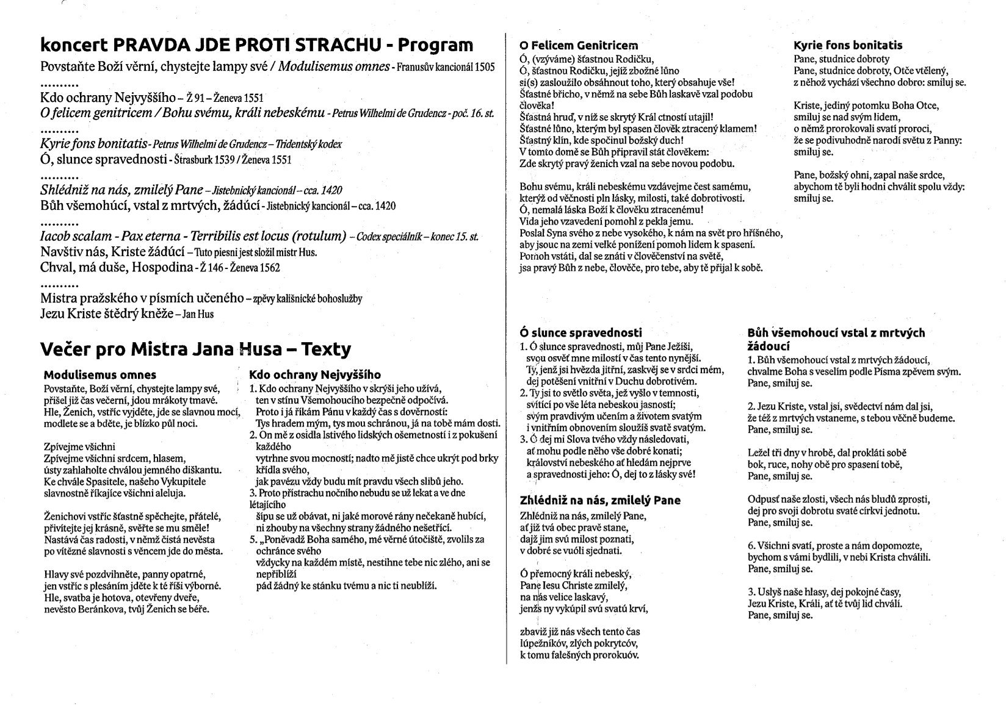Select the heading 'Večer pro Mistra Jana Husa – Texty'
point(195,349)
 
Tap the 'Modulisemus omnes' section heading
point(100,375)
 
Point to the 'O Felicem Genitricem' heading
point(578,45)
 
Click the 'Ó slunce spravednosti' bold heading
point(581,333)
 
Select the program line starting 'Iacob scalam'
point(193,237)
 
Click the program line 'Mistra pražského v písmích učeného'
point(142,299)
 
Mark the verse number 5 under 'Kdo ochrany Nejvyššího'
point(252,540)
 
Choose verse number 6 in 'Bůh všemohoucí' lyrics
point(751,546)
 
